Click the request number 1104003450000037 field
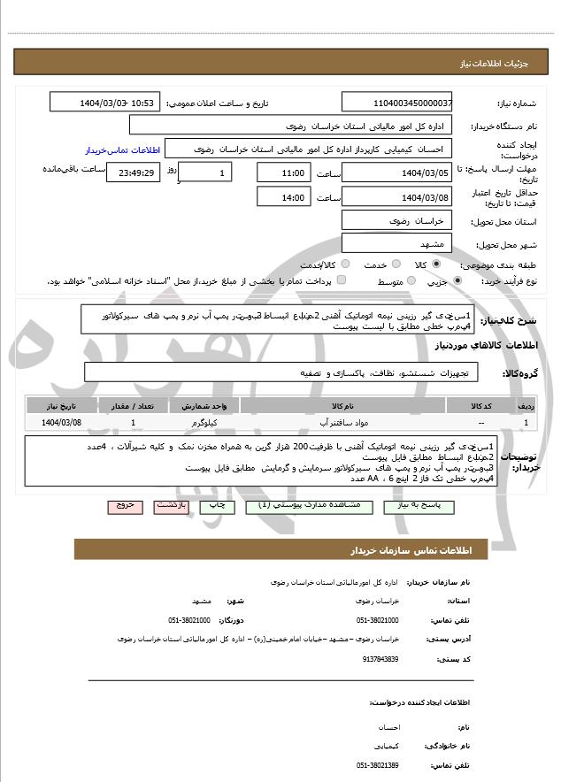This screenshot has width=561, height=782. point(397,103)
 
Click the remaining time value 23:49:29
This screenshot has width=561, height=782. point(133,172)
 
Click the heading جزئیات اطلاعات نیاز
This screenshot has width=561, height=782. point(495,65)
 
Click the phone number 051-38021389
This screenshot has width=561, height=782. point(378,764)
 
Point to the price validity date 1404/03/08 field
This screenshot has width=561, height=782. point(397,196)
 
